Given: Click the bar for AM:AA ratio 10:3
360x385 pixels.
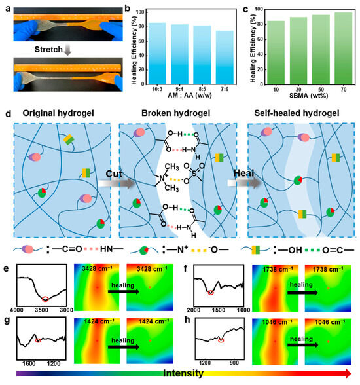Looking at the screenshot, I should (x=157, y=56).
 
